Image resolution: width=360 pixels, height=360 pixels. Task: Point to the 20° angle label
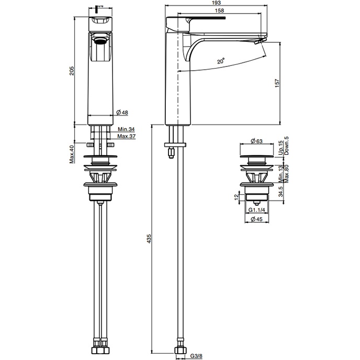[222, 61]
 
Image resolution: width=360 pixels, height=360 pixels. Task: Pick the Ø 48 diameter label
[123, 113]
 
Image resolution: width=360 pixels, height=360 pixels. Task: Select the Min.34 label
[126, 129]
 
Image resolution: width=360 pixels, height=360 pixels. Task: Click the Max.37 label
[127, 136]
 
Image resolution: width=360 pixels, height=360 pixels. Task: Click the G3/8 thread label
[197, 356]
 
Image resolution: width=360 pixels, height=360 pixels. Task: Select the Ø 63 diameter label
[256, 140]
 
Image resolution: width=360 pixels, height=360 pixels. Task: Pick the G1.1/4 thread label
[257, 210]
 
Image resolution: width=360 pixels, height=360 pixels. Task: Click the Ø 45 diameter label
[257, 219]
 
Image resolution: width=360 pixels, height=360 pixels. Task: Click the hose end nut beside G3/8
[179, 351]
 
